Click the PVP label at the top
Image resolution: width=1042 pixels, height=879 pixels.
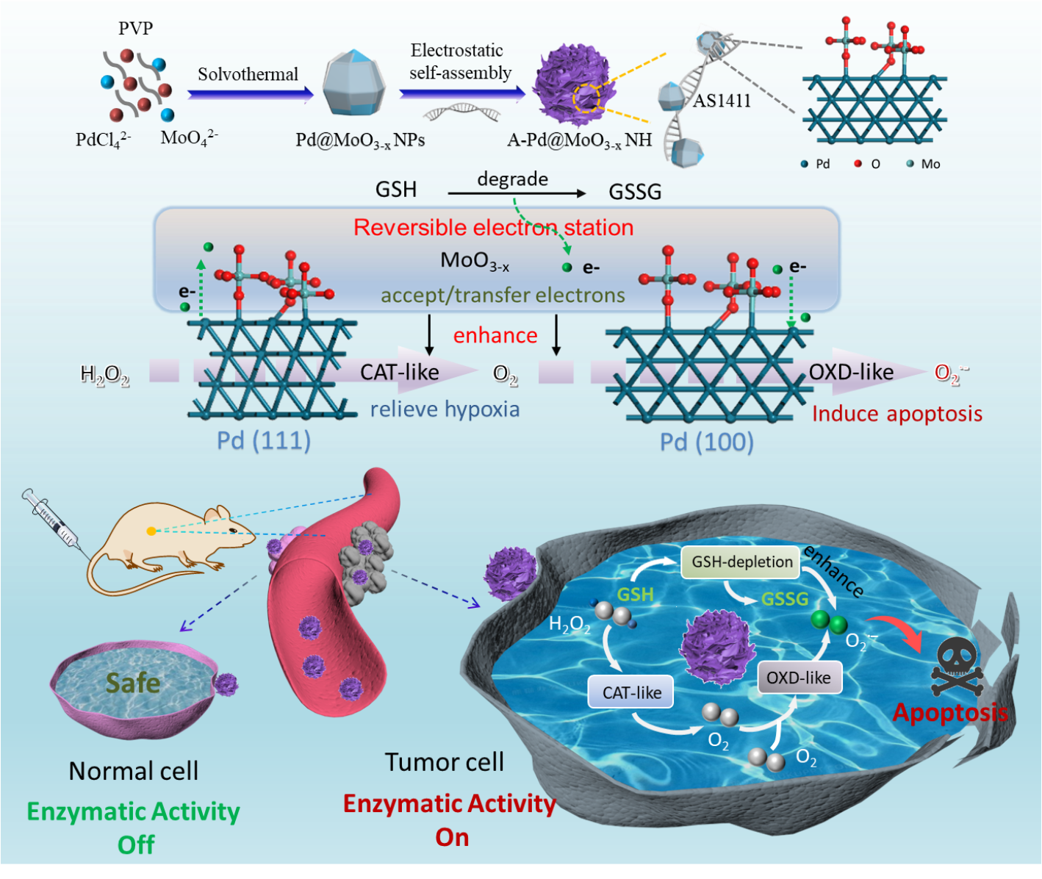(x=136, y=29)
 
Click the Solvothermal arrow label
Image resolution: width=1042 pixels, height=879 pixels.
(x=248, y=75)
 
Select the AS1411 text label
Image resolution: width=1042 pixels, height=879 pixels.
(x=722, y=101)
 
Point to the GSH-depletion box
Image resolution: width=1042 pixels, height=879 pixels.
(x=741, y=562)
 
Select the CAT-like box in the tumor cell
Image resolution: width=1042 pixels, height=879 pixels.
(x=631, y=692)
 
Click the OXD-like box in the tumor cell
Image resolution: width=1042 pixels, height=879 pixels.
(x=799, y=678)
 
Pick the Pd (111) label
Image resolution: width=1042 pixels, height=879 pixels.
(x=263, y=440)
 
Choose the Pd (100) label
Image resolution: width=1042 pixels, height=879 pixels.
(x=706, y=442)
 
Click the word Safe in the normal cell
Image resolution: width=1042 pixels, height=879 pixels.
(x=133, y=683)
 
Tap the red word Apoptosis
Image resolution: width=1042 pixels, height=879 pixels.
(x=949, y=712)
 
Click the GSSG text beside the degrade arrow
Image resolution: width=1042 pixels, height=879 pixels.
(x=635, y=192)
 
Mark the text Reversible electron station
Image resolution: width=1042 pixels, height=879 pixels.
(x=493, y=228)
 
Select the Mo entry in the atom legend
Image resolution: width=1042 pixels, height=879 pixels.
(x=924, y=164)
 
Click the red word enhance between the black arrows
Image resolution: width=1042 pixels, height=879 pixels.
(x=495, y=336)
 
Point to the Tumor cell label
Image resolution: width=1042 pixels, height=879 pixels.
(x=445, y=762)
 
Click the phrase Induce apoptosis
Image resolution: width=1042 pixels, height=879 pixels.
(x=897, y=414)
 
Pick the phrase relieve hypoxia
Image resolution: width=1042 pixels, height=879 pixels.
(x=445, y=409)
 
